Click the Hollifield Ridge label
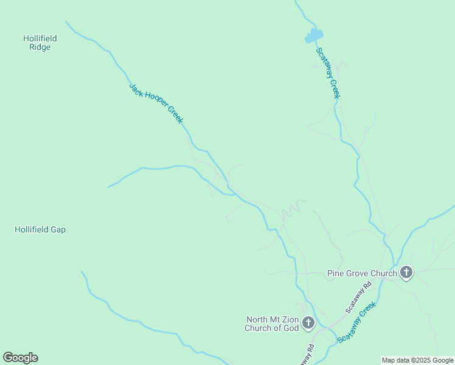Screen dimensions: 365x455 pos(40,43)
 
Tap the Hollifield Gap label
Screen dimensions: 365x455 pos(40,230)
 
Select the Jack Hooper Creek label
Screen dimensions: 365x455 pos(156,103)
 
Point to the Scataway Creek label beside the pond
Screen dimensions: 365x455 pos(327,72)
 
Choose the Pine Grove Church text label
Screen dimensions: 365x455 pos(362,273)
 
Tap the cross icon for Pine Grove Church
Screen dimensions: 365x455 pos(406,273)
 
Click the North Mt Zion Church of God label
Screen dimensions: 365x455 pos(273,324)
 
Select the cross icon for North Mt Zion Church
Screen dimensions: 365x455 pos(308,323)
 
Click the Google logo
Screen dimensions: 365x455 pos(20,358)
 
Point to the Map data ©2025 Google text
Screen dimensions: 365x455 pos(417,360)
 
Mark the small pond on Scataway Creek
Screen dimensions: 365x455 pos(313,36)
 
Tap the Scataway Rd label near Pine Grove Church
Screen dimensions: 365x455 pos(358,297)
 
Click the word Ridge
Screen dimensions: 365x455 pos(40,47)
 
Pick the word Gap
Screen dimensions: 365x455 pos(58,230)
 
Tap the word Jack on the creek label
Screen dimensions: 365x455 pos(135,88)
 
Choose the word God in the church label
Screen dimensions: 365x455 pos(292,328)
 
